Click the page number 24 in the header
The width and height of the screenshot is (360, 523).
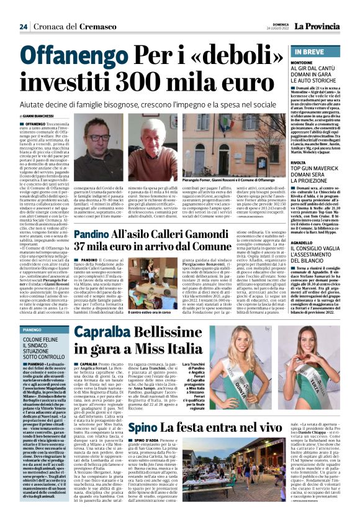(23, 27)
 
